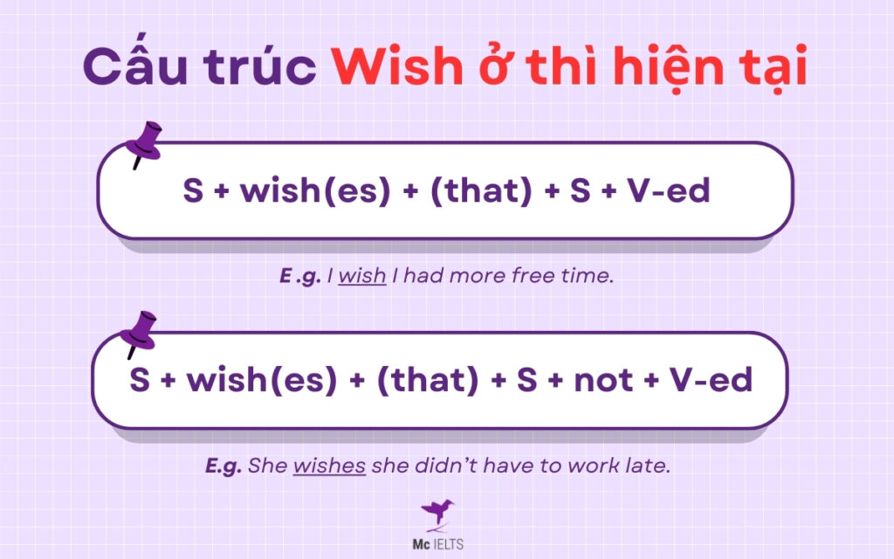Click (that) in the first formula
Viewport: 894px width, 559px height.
point(480,190)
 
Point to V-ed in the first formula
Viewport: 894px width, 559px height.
point(669,190)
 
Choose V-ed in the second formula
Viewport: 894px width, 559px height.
point(711,380)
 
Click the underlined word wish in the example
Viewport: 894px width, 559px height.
point(361,277)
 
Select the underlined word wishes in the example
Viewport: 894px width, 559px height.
point(328,466)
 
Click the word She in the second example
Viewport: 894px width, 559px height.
point(267,466)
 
